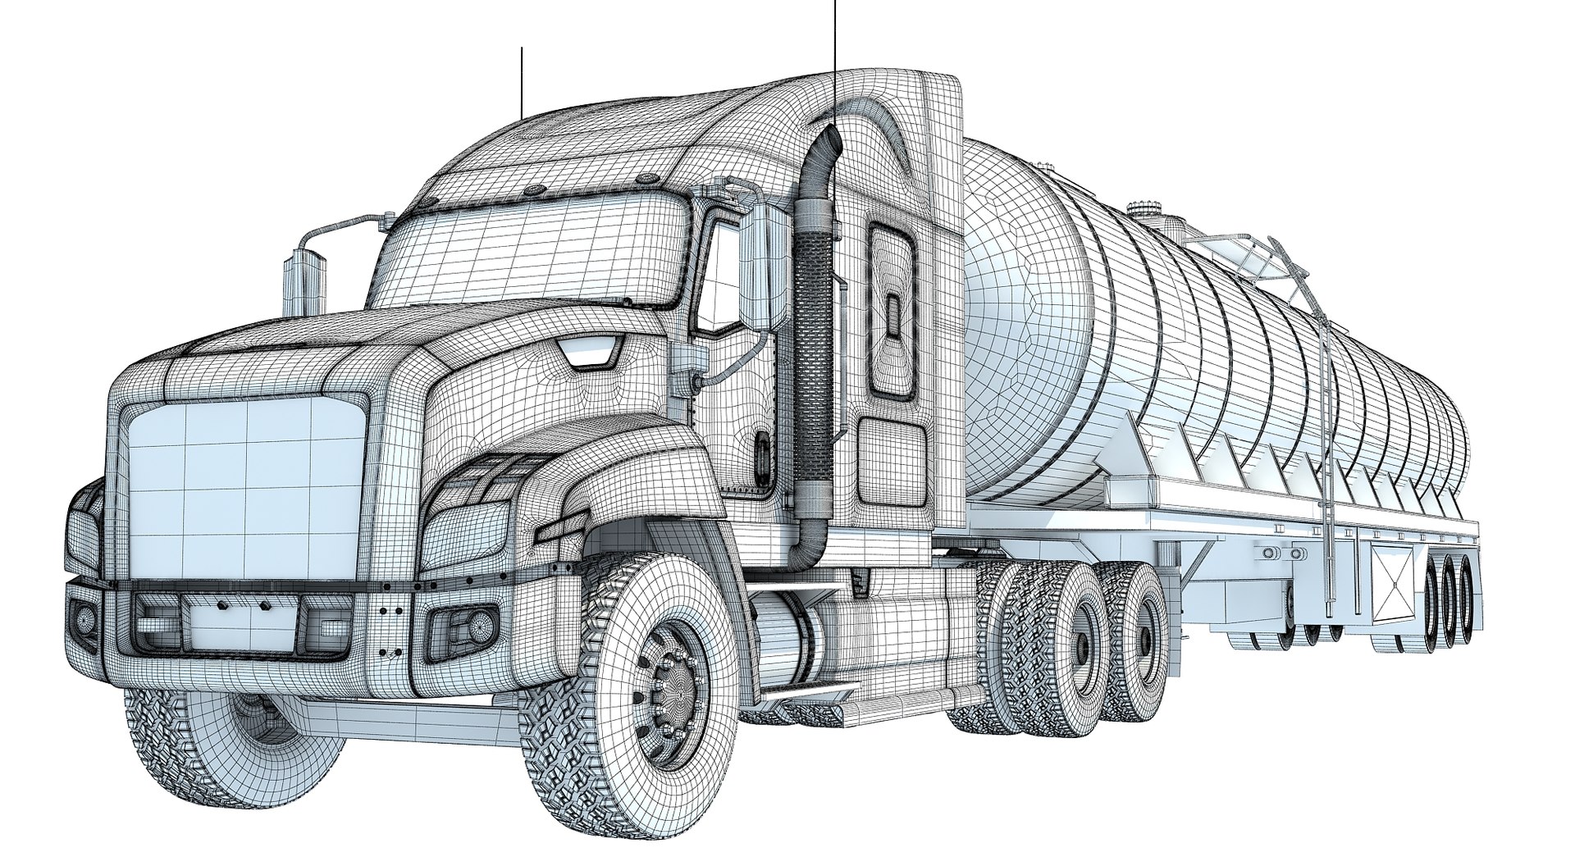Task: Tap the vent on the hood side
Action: [x=589, y=354]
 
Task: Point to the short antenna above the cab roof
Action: [x=521, y=82]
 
